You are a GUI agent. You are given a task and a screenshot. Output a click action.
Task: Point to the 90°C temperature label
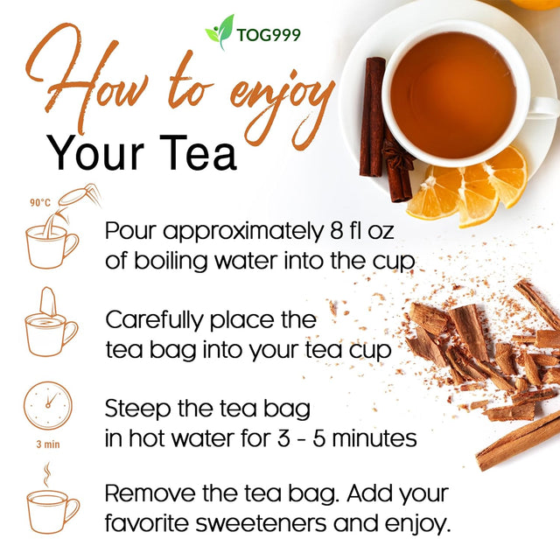coord(40,202)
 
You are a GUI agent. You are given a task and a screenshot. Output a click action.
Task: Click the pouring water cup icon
coord(54,234)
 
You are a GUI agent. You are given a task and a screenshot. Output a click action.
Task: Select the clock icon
coord(48,407)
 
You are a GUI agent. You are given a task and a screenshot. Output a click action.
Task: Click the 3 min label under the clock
coord(48,444)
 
